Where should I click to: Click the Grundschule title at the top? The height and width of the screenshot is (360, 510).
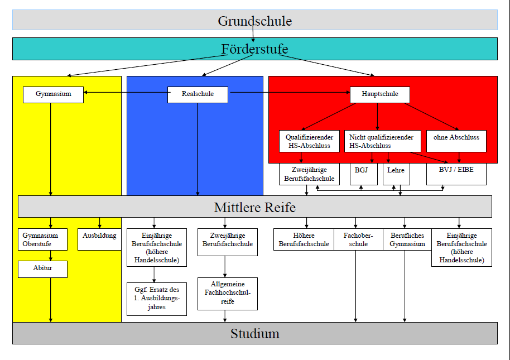[254, 21]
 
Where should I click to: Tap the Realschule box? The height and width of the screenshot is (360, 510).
[198, 94]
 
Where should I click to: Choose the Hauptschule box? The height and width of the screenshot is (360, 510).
[379, 94]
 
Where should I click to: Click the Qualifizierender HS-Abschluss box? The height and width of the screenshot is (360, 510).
[309, 141]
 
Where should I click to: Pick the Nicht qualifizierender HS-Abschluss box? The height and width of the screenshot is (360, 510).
[382, 141]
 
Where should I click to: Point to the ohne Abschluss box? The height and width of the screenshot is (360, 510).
[456, 141]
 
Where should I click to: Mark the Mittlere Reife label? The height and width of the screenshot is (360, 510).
[254, 207]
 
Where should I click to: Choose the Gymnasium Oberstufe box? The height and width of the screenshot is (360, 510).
[42, 239]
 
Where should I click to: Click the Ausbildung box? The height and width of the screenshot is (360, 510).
[99, 239]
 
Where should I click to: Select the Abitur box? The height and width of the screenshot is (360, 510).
[42, 269]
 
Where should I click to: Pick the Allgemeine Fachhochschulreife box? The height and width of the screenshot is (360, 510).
[228, 294]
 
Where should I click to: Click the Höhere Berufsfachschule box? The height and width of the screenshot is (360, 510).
[304, 239]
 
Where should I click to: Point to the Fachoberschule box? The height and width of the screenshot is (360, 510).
[358, 239]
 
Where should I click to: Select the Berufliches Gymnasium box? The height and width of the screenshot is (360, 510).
[407, 239]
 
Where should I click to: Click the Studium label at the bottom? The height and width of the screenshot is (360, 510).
[254, 334]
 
